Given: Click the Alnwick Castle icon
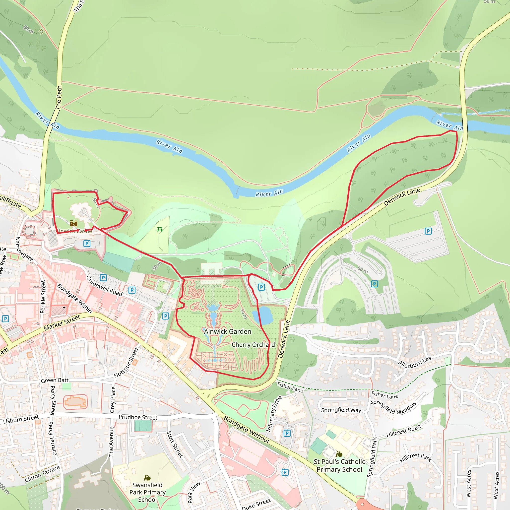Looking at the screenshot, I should click(74, 224).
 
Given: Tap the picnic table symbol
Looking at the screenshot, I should click(160, 230).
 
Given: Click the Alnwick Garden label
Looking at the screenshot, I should click(228, 331).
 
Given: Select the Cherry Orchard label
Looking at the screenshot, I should click(253, 345).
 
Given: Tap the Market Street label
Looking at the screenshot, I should click(62, 322).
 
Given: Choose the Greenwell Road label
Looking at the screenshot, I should click(104, 286).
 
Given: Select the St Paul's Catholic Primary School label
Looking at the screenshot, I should click(339, 465).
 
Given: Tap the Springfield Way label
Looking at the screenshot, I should click(341, 410).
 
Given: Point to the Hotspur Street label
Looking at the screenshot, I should click(126, 362).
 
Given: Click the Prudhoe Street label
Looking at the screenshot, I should click(138, 417).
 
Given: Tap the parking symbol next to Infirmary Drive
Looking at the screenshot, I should click(287, 433).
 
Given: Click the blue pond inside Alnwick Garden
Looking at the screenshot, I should click(262, 315).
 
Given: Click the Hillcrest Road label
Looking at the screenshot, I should click(403, 431).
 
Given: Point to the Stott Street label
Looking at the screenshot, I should click(175, 444).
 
